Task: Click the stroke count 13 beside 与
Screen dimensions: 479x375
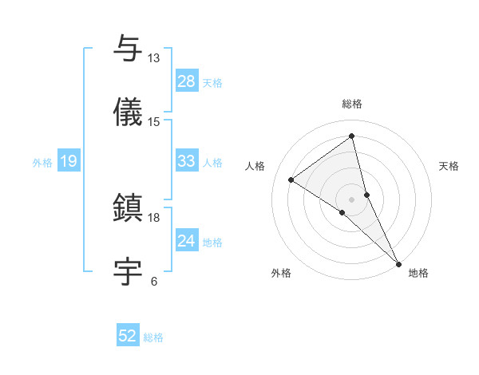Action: (x=153, y=58)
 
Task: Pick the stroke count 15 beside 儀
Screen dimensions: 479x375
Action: (x=153, y=121)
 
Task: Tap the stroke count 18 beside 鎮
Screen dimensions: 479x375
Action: (x=153, y=217)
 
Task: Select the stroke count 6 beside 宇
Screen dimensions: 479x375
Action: (x=153, y=281)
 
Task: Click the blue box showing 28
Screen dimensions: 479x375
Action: (x=187, y=81)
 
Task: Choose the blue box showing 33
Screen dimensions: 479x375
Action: (x=187, y=161)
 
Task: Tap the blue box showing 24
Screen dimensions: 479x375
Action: (x=187, y=241)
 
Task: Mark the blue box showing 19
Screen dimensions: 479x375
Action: (x=69, y=161)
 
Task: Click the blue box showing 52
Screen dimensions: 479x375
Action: (x=128, y=337)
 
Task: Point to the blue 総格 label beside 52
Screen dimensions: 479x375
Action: (x=153, y=337)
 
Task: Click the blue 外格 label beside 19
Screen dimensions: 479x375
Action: (x=42, y=162)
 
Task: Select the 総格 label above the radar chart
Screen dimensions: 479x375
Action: (x=352, y=104)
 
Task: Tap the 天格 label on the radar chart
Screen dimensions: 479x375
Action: (x=449, y=166)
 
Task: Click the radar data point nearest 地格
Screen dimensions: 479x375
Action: (x=399, y=263)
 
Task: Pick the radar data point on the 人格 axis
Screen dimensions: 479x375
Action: (x=291, y=180)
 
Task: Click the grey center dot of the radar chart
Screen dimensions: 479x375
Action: (x=352, y=199)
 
